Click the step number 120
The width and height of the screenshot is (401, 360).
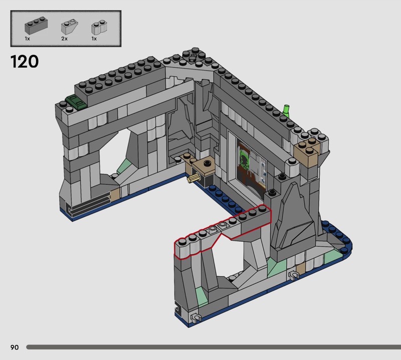(25, 62)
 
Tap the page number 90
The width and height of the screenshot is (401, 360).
(15, 347)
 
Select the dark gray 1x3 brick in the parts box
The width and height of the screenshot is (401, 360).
(36, 26)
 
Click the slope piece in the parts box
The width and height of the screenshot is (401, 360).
(69, 27)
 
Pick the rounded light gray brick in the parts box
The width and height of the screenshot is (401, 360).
(99, 27)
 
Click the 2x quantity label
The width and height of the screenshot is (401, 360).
(64, 39)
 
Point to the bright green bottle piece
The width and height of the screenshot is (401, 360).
(286, 111)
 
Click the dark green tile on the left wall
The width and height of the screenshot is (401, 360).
(76, 102)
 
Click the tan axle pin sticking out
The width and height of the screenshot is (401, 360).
(193, 178)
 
